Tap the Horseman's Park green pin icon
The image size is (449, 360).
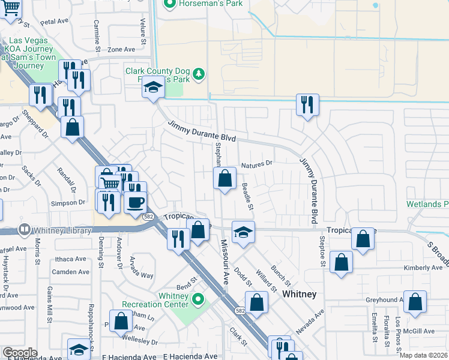coord(169,5)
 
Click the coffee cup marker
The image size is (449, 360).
coord(135,202)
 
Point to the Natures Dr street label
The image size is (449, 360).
coord(257,163)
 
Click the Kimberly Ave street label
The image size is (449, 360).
coord(406,268)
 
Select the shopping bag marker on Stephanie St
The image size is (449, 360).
coord(224,179)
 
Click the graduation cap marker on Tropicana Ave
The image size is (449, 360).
coord(243,233)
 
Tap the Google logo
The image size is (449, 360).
coord(20,353)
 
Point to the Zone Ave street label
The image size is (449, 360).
coord(121,49)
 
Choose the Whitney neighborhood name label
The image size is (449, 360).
coord(299,294)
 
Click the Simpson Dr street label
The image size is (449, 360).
coord(68,203)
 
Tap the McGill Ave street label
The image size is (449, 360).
coord(419,331)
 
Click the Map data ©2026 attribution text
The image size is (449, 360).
coord(423,355)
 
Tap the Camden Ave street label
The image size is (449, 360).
coord(70,272)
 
